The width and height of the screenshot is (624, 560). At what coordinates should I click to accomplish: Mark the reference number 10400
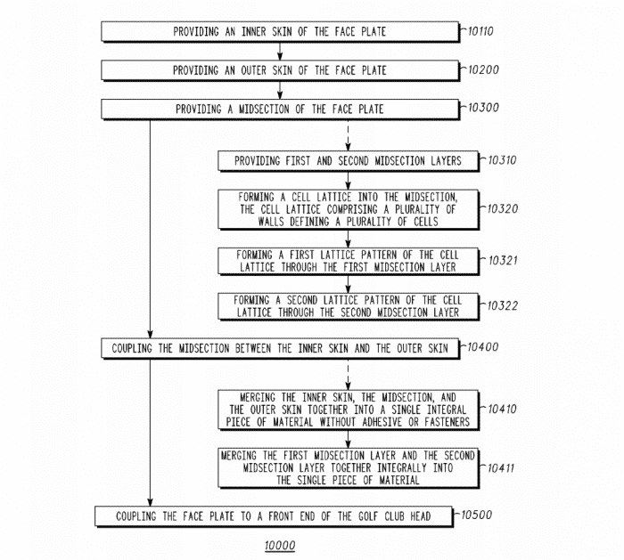click(486, 346)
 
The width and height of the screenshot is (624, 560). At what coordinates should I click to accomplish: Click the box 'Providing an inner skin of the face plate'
click(280, 32)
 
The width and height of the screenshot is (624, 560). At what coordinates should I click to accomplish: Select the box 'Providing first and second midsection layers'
click(348, 161)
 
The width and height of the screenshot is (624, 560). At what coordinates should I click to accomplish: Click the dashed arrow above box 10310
click(348, 134)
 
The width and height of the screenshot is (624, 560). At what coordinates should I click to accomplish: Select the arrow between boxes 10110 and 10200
click(280, 51)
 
